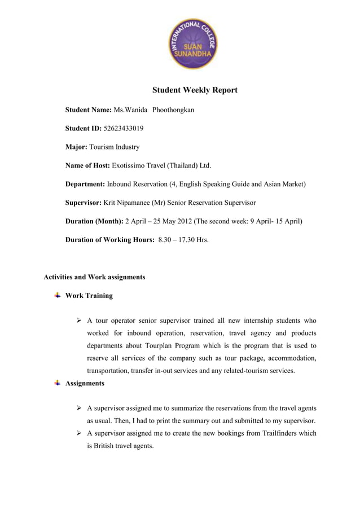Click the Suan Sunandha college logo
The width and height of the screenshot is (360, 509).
(x=194, y=43)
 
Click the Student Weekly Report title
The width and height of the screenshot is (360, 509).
(x=195, y=90)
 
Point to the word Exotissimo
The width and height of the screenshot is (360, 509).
(x=129, y=166)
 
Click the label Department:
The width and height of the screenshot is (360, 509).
(x=85, y=185)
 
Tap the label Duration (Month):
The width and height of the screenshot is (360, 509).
(x=94, y=221)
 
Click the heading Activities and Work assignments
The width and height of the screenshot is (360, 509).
(x=94, y=277)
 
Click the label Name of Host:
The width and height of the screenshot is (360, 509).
(x=88, y=166)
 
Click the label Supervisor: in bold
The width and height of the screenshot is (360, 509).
(x=84, y=203)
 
